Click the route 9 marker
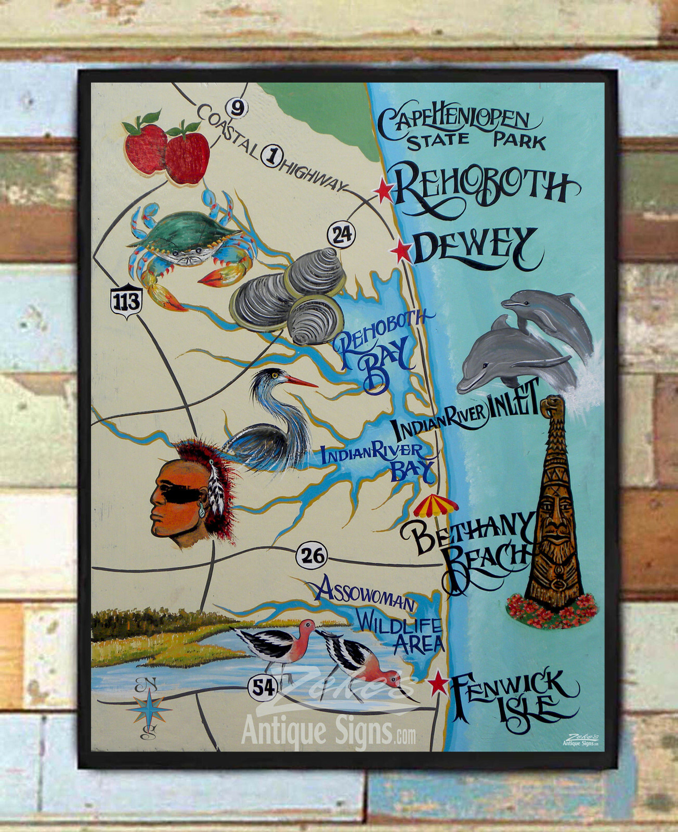pos(237,109)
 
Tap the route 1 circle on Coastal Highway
pos(271,155)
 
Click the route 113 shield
pos(126,301)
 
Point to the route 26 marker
pos(311,556)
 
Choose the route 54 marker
pos(263,687)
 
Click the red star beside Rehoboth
pos(384,191)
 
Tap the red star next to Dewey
pos(401,252)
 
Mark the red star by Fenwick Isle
pos(438,683)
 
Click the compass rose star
pos(149,708)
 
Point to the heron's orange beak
pos(301,382)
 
